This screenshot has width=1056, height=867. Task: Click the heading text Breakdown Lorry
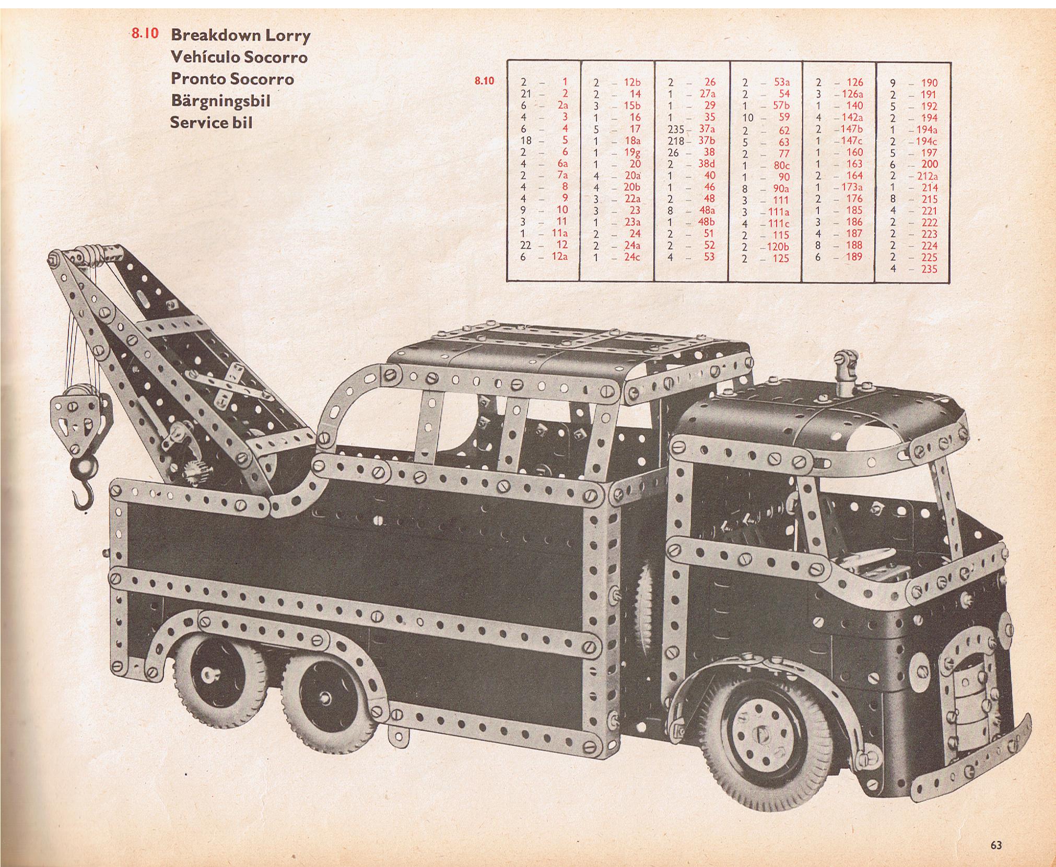coord(241,35)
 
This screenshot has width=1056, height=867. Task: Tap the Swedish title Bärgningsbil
coord(220,100)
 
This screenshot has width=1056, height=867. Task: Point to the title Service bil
coord(212,122)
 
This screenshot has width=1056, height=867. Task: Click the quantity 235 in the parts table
coord(677,129)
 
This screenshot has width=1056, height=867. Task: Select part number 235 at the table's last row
coord(929,270)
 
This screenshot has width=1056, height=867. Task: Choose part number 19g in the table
coord(632,152)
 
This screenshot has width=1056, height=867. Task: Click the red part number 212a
coord(927,176)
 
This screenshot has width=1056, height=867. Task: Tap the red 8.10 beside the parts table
coord(484,81)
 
